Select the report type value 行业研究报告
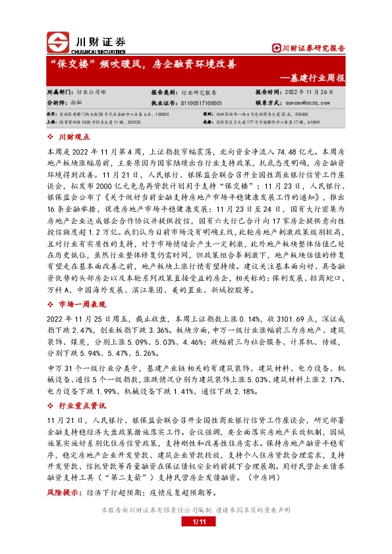click(x=200, y=93)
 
